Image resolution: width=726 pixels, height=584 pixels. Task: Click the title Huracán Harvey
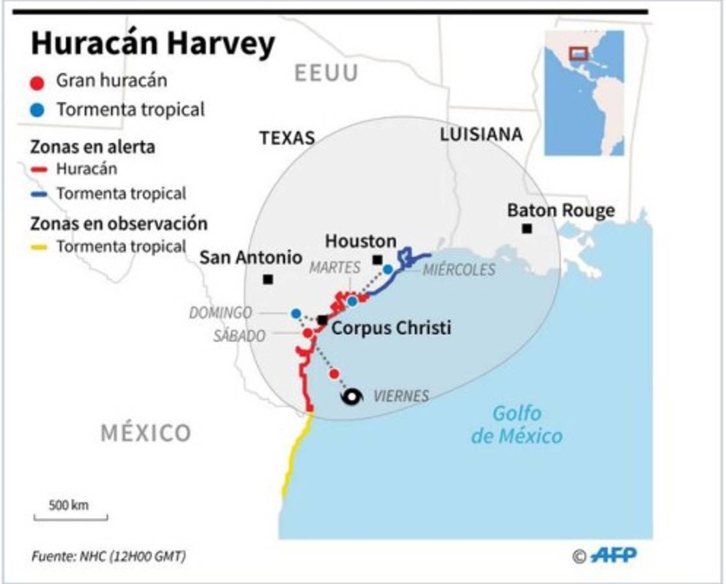[153, 45]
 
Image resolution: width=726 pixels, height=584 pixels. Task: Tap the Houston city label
[360, 241]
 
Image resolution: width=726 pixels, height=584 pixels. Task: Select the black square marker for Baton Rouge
[527, 228]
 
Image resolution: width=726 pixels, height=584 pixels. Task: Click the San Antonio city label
[251, 258]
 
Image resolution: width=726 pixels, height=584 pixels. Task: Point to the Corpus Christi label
[391, 328]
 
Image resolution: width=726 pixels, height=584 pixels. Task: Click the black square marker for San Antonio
[268, 280]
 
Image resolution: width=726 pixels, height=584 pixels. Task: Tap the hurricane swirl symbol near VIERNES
[352, 397]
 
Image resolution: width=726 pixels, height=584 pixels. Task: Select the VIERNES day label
[401, 396]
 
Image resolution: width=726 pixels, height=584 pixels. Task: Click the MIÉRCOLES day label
[458, 270]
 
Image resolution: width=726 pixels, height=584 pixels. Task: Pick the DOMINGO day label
[221, 313]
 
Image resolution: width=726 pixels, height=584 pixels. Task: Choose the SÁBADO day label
[239, 335]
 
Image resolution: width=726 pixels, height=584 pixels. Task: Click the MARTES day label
[334, 267]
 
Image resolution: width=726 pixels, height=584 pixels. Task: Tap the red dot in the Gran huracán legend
[38, 82]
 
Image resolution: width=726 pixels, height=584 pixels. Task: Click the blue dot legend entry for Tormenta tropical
[38, 110]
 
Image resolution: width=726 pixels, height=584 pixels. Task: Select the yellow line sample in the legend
[40, 247]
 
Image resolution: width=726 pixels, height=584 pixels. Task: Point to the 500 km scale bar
[70, 517]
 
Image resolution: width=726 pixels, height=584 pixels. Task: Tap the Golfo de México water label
[516, 424]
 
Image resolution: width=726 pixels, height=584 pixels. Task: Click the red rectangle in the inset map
[578, 53]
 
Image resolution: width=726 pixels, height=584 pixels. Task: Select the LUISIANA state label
[481, 134]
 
